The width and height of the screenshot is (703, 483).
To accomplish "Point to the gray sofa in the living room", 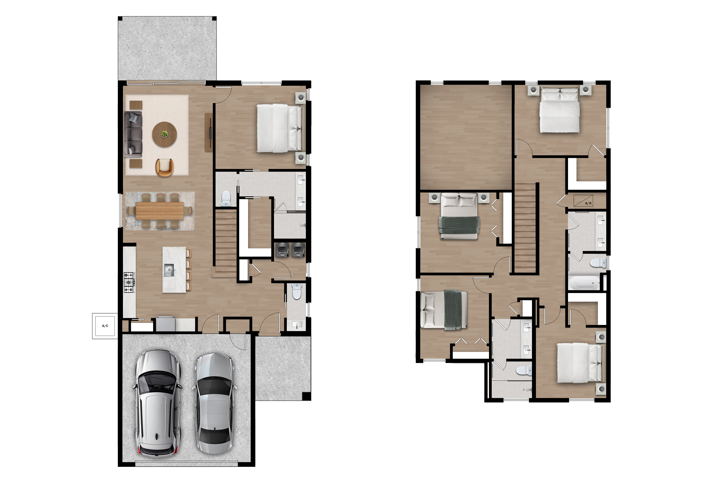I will coord(133,134).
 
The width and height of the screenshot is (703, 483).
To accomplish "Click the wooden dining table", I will coord(159,210).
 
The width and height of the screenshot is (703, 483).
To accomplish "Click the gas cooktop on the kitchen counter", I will coord(129,282).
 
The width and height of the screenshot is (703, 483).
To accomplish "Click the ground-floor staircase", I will coord(225,242).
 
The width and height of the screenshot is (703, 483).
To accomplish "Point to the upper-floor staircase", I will coord(525,230).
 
